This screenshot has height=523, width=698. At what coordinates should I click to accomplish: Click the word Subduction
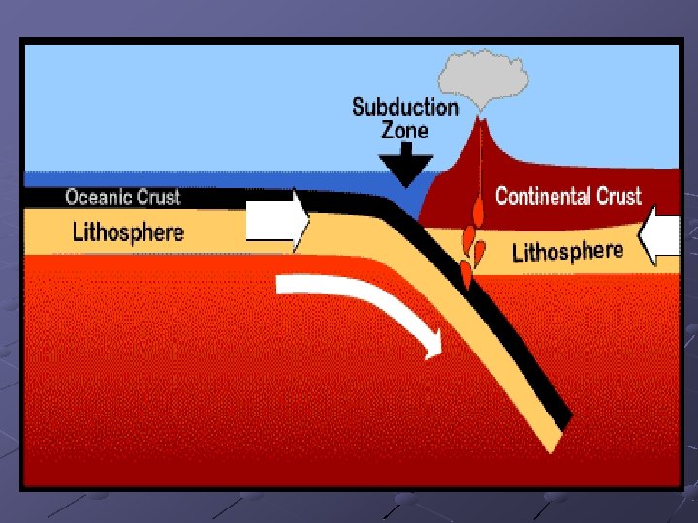405,107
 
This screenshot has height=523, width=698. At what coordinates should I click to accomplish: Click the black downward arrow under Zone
406,162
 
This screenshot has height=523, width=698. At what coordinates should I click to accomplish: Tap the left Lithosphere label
128,231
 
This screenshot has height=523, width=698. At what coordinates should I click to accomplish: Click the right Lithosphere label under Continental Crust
567,252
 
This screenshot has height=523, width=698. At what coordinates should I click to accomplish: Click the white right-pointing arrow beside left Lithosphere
278,221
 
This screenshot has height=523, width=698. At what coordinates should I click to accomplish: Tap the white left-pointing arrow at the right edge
661,235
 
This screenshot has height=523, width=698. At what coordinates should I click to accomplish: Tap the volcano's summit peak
478,123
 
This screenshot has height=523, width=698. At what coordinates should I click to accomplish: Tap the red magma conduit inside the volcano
477,169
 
